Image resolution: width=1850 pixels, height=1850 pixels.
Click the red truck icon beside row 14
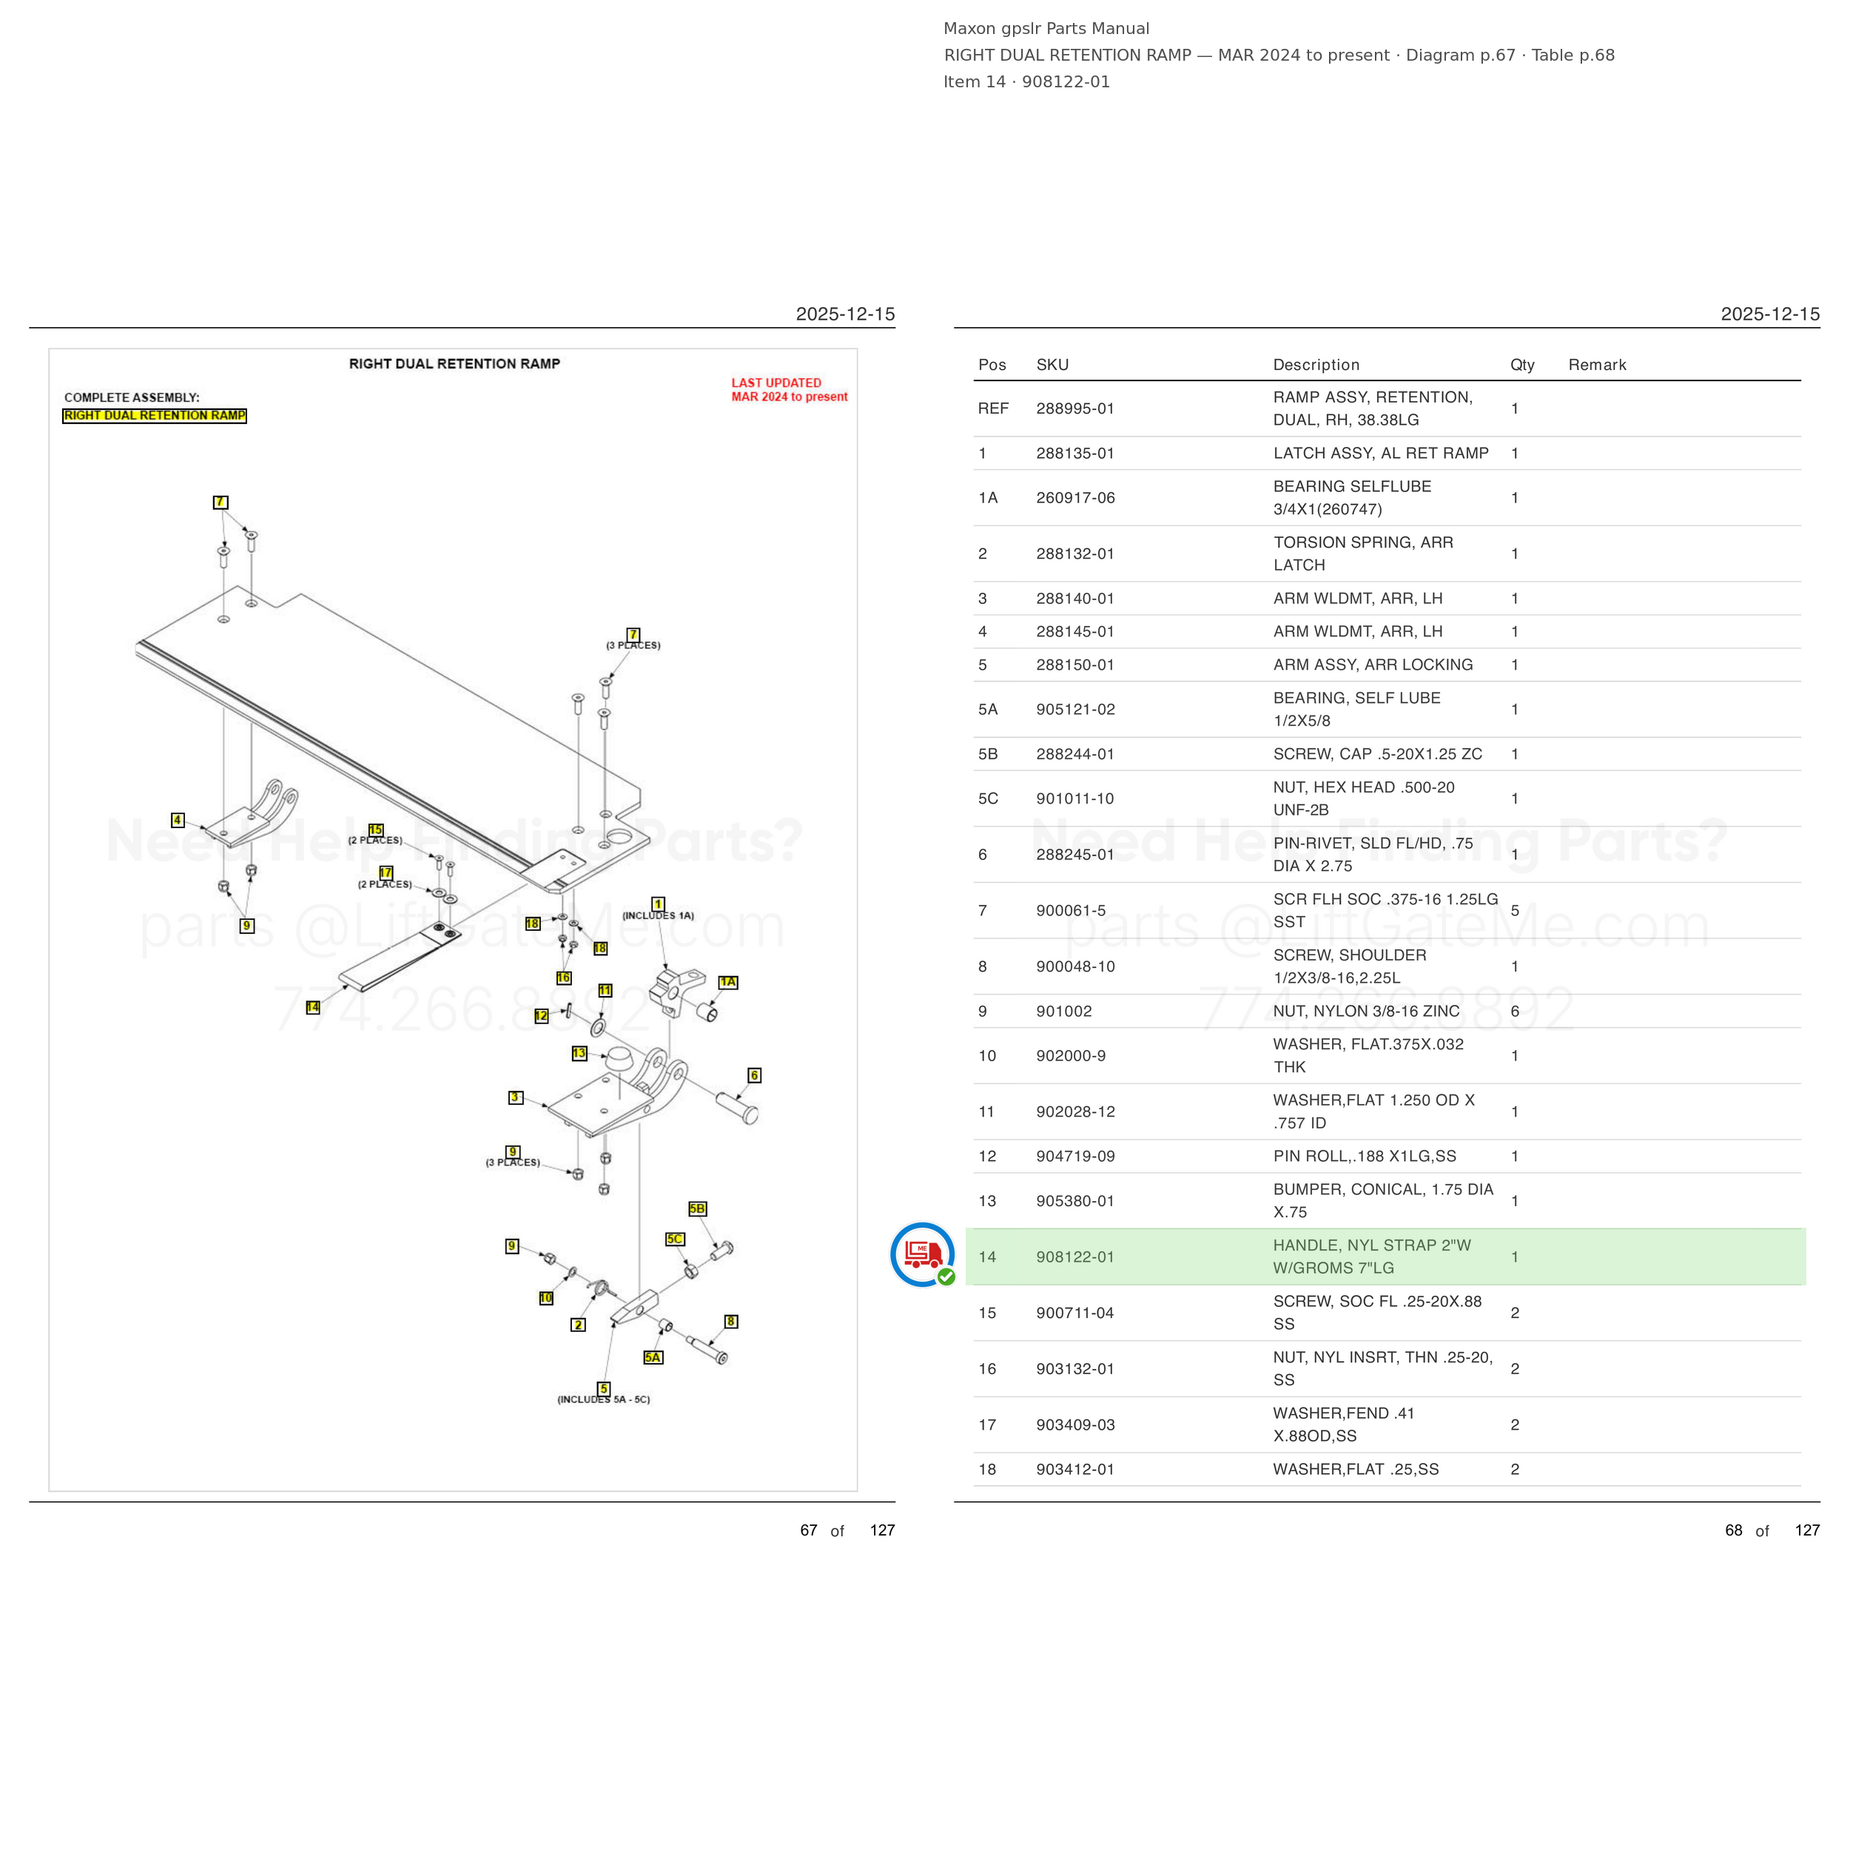pos(922,1254)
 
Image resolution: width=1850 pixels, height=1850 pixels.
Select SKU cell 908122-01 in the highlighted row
pos(1074,1257)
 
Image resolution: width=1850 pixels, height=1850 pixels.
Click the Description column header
pos(1316,365)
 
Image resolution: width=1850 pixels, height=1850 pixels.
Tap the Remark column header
pos(1596,365)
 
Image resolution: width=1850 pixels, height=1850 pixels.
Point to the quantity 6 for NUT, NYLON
pos(1514,1011)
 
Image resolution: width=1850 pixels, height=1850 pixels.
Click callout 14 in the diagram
pos(313,1006)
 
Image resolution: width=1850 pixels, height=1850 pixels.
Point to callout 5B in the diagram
pos(697,1208)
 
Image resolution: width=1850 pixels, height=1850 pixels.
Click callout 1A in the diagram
pos(727,981)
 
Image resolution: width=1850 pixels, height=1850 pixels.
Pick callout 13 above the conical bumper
pos(579,1053)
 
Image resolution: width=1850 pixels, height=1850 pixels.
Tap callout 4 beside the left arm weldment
pos(177,820)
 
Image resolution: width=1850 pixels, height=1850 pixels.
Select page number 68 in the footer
pos(1733,1530)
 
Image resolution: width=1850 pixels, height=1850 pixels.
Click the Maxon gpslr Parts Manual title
pos(1046,29)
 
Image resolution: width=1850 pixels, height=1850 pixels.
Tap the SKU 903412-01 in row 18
pos(1074,1469)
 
